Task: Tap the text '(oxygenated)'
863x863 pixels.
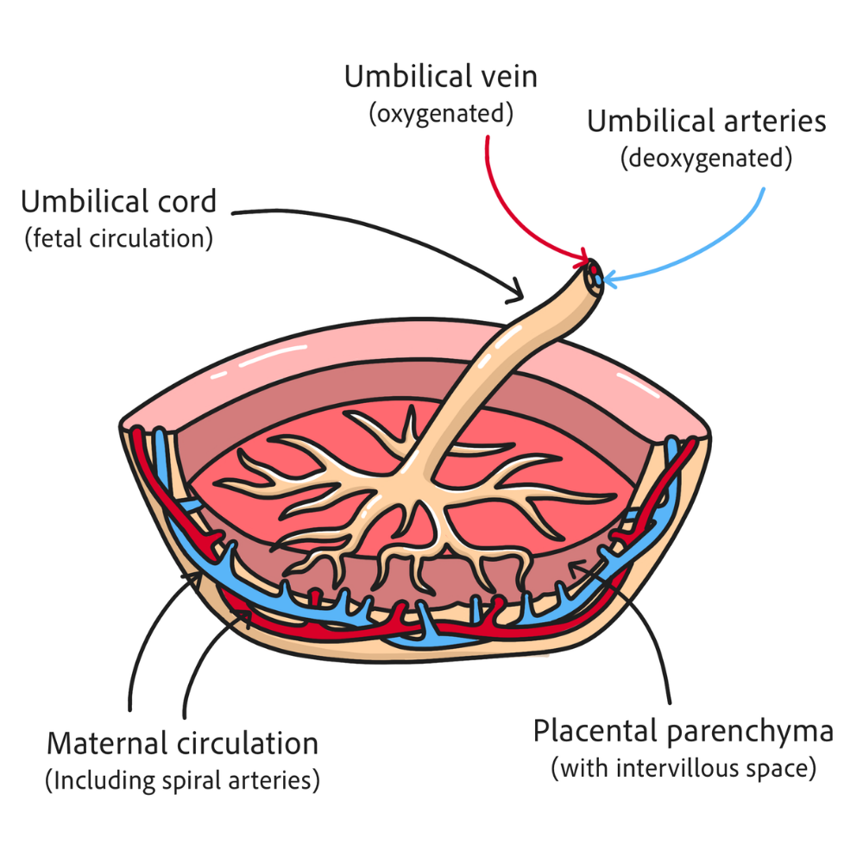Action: coord(441,113)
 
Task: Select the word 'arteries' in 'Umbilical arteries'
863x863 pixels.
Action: coord(775,121)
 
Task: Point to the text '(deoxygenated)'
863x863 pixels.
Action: coord(706,159)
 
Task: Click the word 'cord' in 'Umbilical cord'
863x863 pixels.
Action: coord(187,201)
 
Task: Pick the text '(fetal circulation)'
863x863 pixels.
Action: coord(119,239)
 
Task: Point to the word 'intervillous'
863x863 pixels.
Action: coord(677,768)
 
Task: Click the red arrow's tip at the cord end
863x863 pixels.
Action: coord(588,260)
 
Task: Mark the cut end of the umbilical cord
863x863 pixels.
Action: coord(595,274)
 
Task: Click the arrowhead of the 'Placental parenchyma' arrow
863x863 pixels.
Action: coord(570,563)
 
